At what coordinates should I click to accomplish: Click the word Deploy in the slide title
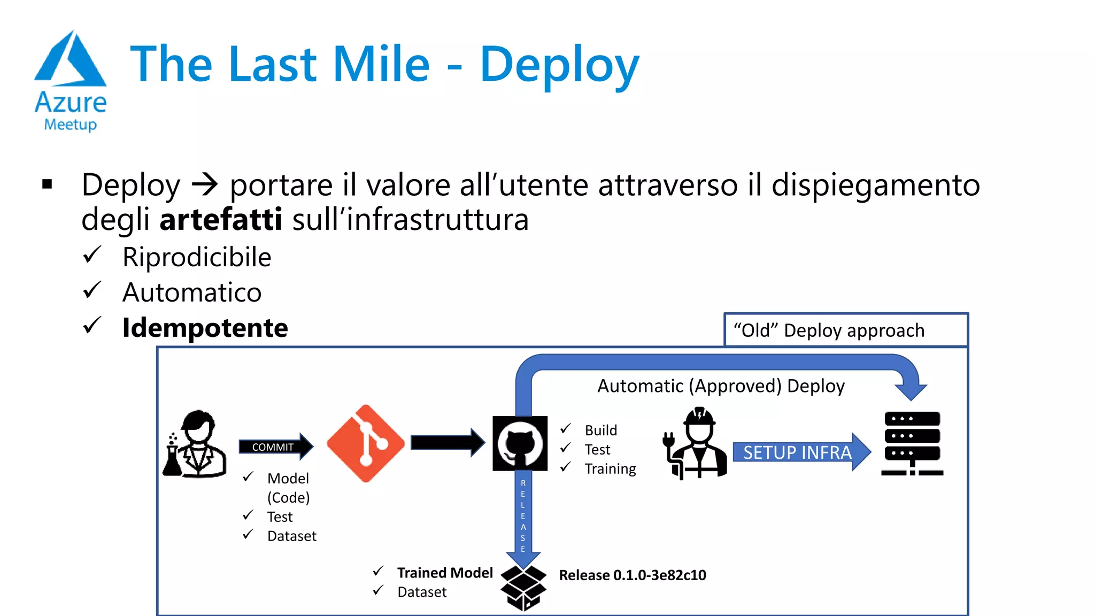pos(559,65)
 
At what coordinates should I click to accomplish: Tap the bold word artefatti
pos(220,219)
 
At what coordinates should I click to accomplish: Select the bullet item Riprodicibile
pos(197,257)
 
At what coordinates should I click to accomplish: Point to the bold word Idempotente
pos(205,327)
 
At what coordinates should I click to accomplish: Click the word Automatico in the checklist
pos(192,292)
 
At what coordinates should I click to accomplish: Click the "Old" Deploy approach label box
pos(845,330)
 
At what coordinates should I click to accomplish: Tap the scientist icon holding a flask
pos(195,444)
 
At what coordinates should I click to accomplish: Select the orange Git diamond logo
pos(366,443)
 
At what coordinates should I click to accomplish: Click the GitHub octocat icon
pos(520,443)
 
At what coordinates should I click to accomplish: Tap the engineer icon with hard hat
pos(696,443)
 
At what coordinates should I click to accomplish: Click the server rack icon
pos(912,443)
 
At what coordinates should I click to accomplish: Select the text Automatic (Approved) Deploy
pos(721,386)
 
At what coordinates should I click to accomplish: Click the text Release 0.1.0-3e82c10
pos(632,575)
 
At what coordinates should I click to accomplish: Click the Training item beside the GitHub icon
pos(610,469)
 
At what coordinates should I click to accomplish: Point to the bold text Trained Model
pos(445,573)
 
